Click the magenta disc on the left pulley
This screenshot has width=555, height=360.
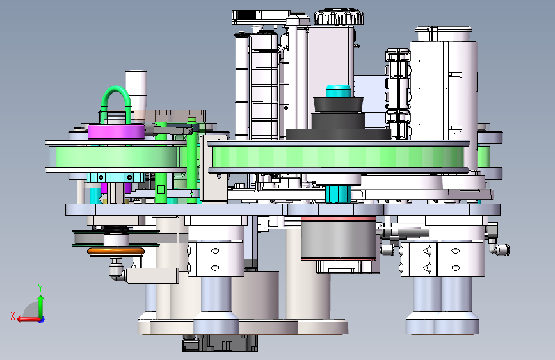click(x=116, y=131)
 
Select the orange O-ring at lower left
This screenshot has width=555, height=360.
click(x=116, y=251)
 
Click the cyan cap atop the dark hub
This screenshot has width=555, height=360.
click(x=339, y=91)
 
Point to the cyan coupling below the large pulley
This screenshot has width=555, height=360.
click(x=338, y=194)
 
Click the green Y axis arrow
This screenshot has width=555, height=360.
click(x=41, y=304)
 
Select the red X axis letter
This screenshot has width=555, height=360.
click(x=13, y=316)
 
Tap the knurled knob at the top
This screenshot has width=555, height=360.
click(x=339, y=17)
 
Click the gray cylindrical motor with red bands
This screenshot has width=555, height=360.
click(x=338, y=238)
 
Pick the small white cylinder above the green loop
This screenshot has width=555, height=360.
click(x=136, y=88)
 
